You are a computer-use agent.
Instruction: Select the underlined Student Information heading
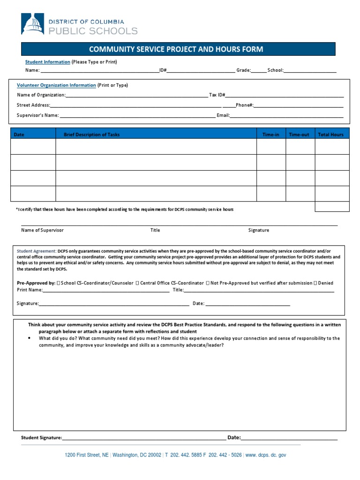[x=47, y=62]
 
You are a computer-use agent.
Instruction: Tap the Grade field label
[x=243, y=70]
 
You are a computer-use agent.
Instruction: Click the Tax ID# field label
[x=217, y=95]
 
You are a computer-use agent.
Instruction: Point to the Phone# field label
[x=245, y=105]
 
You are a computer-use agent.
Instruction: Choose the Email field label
[x=223, y=115]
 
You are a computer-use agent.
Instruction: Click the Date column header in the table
[x=19, y=135]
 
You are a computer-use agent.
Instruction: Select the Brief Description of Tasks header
[x=91, y=135]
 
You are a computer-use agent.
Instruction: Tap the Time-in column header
[x=270, y=135]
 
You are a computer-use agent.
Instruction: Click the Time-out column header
[x=299, y=135]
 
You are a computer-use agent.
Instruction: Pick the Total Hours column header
[x=331, y=135]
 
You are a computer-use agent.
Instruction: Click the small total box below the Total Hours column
[x=332, y=207]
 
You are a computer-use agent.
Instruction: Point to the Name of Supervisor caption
[x=42, y=230]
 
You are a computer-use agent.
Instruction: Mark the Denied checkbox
[x=315, y=283]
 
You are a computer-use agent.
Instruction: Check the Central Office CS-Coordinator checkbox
[x=136, y=283]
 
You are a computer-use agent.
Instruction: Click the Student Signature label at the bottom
[x=41, y=437]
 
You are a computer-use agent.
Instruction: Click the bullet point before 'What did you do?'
[x=30, y=338]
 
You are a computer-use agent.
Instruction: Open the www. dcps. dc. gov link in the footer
[x=266, y=455]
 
